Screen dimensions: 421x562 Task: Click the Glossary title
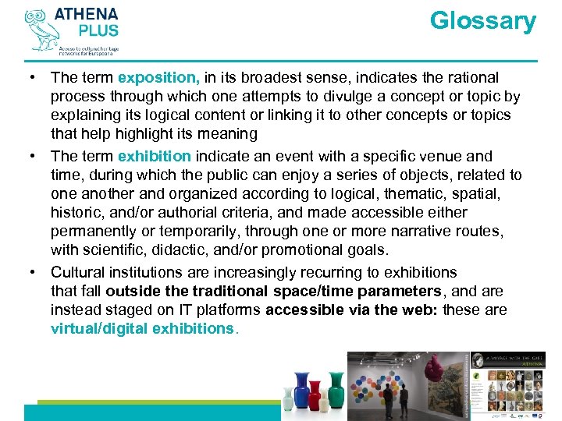(x=482, y=21)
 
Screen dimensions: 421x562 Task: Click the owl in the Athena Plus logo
(x=39, y=30)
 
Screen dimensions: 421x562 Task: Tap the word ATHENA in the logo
(x=87, y=15)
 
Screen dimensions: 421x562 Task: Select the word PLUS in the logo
(x=98, y=31)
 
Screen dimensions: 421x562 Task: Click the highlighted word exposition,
(x=158, y=77)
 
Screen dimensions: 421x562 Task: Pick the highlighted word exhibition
(x=154, y=156)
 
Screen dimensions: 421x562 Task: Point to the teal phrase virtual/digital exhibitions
(x=142, y=328)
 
